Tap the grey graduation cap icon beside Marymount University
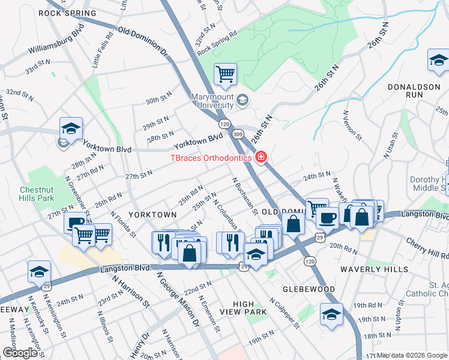click(243, 99)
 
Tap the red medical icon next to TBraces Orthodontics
click(261, 158)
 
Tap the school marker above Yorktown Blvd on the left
click(71, 128)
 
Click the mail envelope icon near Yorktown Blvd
click(62, 143)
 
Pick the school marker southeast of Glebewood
click(331, 314)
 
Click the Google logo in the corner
click(20, 352)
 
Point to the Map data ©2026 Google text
click(412, 355)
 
